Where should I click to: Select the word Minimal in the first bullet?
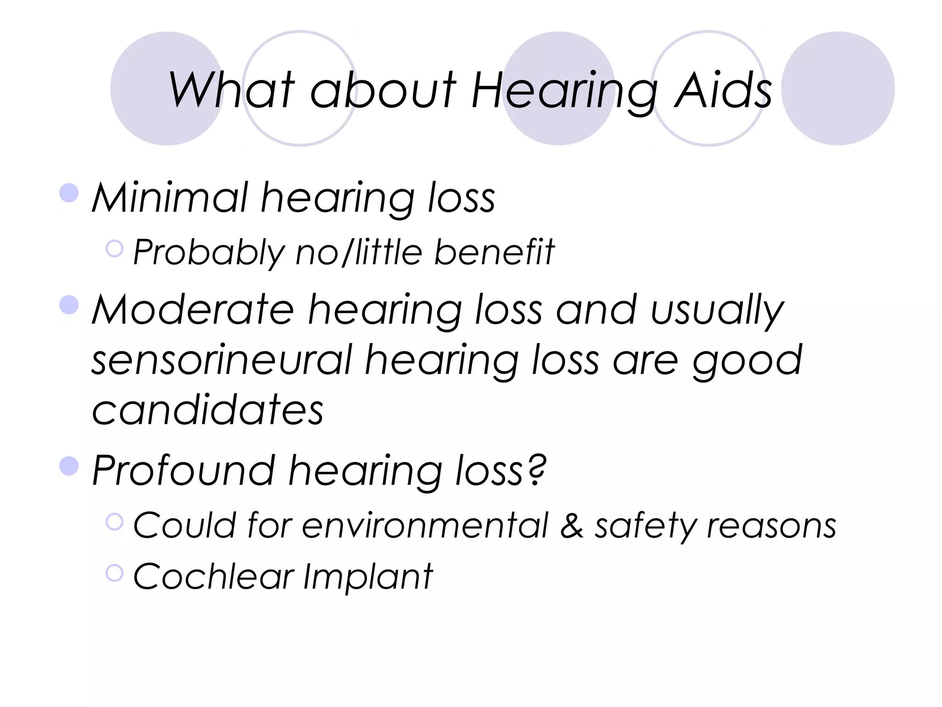170,198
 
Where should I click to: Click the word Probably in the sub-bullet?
209,253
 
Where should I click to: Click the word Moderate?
193,310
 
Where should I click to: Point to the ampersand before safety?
572,526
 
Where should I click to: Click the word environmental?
425,526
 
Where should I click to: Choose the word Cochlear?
213,576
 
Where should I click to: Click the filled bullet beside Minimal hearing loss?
69,193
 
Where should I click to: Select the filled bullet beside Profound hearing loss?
69,465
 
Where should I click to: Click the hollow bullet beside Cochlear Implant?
115,573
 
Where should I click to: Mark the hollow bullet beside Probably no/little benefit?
115,249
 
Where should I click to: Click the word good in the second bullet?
747,361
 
